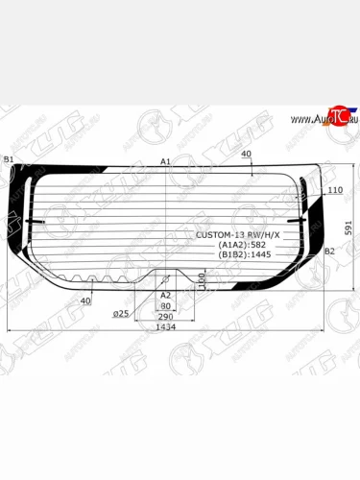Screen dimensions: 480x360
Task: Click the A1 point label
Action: coord(165,161)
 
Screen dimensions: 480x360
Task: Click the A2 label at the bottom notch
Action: coord(165,295)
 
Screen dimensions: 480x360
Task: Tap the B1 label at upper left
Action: coord(9,159)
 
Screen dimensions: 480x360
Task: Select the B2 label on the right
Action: coord(329,252)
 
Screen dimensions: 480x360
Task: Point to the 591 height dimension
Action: coord(349,228)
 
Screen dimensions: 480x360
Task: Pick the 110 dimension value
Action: coord(334,191)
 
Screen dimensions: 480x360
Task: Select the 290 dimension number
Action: coord(165,317)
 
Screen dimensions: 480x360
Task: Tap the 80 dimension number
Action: coord(165,306)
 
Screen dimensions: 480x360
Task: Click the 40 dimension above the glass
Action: coord(247,154)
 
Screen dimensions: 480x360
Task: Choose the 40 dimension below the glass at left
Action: coord(85,300)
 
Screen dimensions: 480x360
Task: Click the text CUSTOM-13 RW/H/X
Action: coord(240,235)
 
